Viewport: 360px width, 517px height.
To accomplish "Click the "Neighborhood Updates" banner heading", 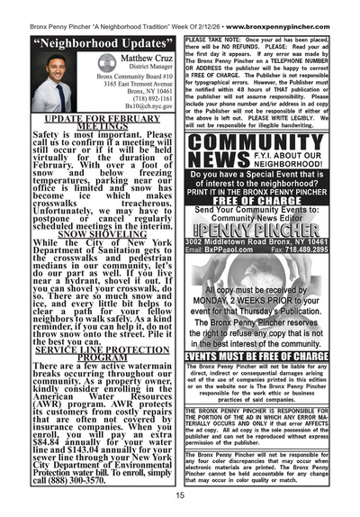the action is tap(90, 42).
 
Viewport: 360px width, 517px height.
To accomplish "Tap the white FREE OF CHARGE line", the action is tap(270, 200).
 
